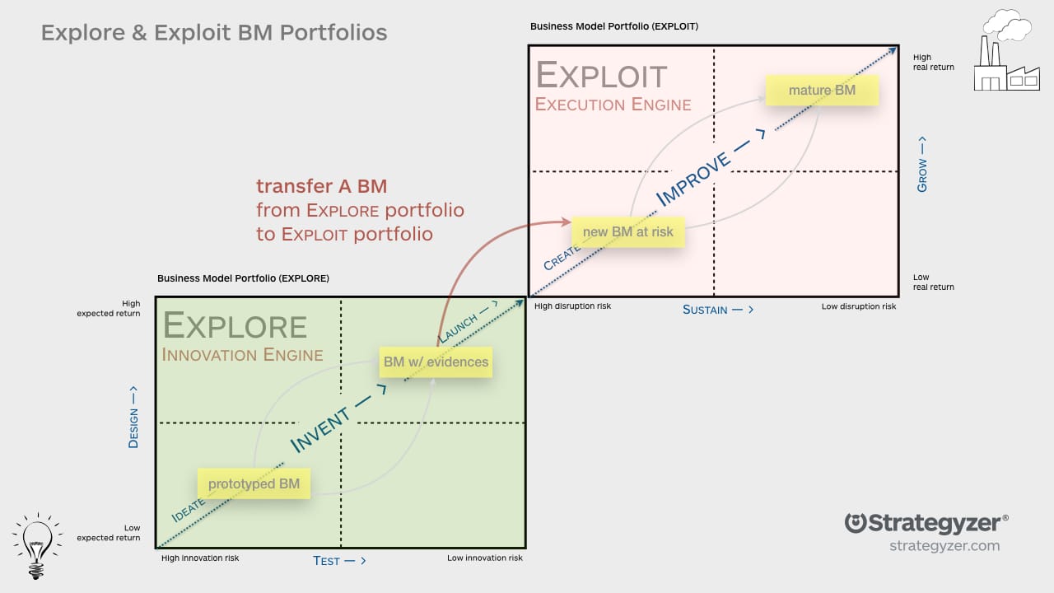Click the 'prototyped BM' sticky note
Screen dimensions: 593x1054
[254, 483]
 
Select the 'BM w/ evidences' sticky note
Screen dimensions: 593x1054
[436, 362]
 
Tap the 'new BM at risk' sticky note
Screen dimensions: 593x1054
[627, 232]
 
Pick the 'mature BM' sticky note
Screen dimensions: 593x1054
[822, 90]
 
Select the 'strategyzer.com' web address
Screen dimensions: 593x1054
[944, 546]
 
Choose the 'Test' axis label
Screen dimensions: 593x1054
[339, 561]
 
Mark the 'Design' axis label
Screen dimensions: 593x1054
[133, 418]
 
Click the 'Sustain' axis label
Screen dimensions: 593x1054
[718, 310]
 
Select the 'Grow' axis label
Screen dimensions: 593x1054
[921, 165]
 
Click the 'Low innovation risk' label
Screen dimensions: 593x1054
[484, 558]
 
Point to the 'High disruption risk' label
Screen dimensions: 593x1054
[572, 306]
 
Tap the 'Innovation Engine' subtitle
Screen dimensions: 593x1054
[242, 355]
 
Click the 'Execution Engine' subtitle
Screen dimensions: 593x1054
[613, 105]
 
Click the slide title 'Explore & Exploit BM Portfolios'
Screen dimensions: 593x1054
[214, 33]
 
